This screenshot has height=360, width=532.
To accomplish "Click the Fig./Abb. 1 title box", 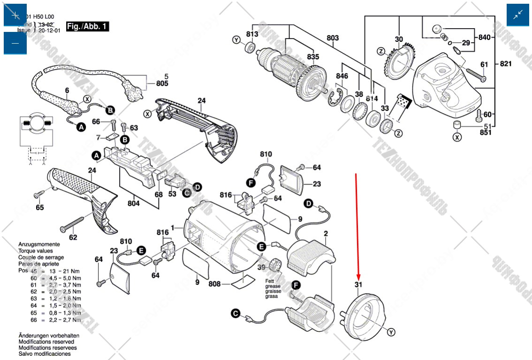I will [88, 26].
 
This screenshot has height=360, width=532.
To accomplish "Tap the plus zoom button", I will [15, 15].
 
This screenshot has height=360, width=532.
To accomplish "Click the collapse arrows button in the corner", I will [518, 15].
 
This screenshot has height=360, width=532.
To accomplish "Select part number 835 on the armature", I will [313, 57].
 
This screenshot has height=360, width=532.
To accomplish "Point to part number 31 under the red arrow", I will [358, 285].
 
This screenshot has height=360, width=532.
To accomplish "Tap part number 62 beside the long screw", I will [73, 237].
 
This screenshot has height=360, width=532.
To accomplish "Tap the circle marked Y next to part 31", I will [391, 332].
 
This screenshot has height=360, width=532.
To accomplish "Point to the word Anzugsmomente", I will [39, 245].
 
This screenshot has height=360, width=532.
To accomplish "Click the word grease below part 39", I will [273, 286].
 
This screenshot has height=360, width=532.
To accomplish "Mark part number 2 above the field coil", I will [326, 233].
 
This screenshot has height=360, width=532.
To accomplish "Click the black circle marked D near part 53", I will [198, 187].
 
